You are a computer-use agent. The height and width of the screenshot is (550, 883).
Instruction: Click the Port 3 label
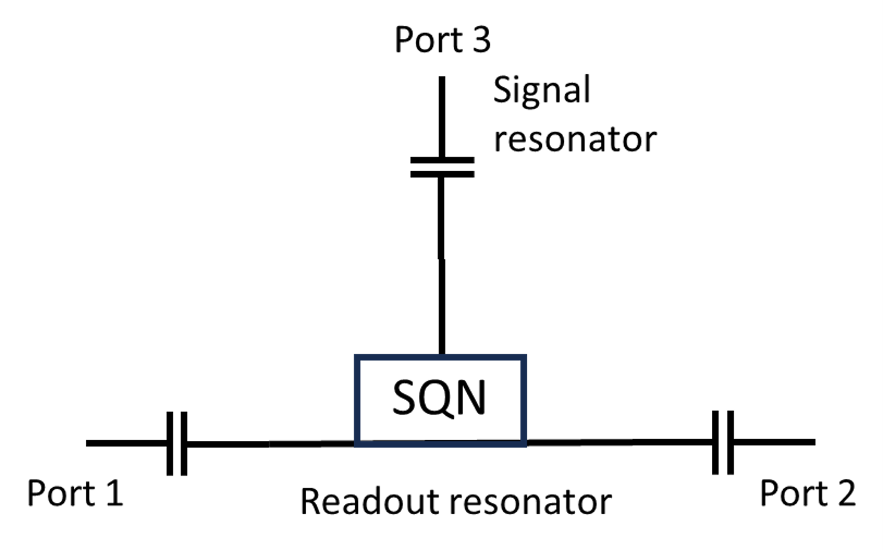442,40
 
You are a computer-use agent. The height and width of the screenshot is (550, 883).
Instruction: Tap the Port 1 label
75,493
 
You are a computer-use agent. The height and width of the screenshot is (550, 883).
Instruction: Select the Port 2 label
807,493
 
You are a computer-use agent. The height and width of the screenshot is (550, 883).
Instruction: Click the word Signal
542,90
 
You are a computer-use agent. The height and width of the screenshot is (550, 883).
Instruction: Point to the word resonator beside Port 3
574,139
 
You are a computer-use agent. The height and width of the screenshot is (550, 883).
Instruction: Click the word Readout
369,502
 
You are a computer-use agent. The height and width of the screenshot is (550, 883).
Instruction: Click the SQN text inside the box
439,398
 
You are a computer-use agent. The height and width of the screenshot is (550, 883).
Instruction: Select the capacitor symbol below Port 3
442,167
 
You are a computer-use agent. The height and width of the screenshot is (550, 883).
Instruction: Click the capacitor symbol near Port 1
177,443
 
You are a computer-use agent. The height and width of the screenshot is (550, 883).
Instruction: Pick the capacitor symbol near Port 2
722,442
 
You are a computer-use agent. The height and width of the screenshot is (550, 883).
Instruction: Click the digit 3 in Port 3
481,40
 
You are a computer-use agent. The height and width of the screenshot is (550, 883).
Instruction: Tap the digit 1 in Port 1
114,493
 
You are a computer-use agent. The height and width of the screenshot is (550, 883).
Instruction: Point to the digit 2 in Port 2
846,493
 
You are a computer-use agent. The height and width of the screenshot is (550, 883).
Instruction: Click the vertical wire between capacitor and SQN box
442,263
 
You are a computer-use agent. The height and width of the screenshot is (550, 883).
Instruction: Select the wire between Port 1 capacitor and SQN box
270,443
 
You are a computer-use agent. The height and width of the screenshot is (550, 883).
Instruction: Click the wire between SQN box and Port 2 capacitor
618,442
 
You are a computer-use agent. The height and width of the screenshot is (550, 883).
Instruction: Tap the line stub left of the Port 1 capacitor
125,443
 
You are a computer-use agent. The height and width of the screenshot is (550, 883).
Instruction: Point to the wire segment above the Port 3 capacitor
442,116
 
